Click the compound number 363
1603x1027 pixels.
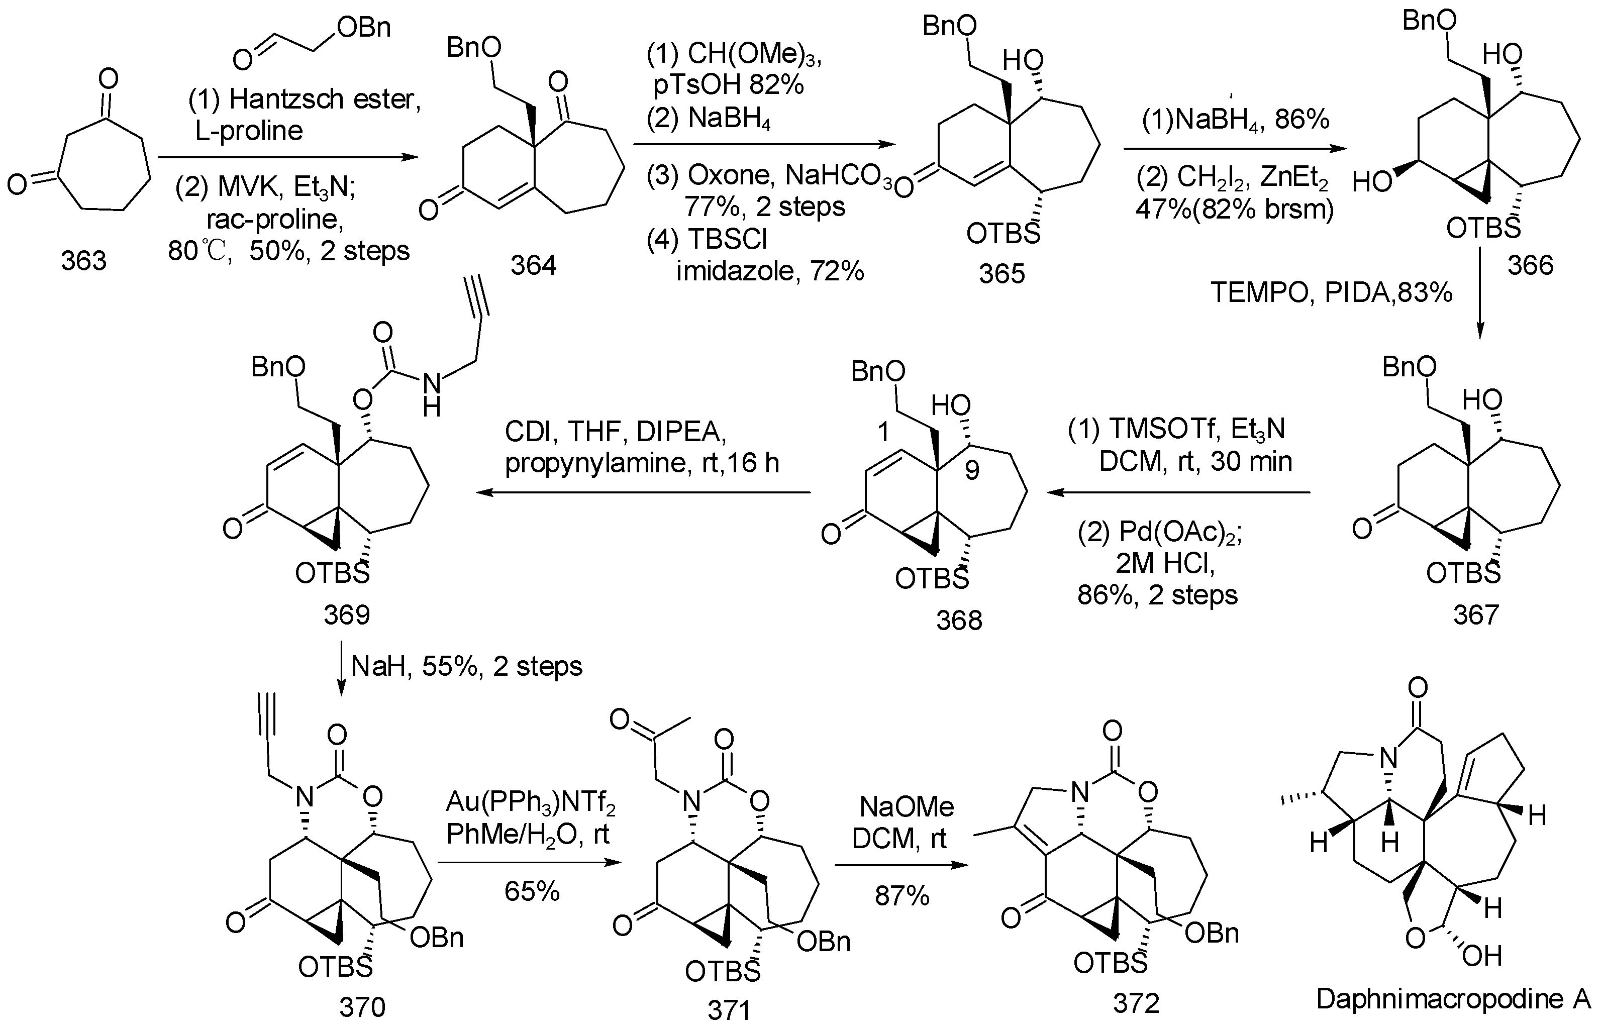tap(83, 261)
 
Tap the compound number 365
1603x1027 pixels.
tap(1001, 273)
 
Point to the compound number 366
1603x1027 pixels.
tap(1530, 265)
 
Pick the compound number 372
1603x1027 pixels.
tap(1136, 1002)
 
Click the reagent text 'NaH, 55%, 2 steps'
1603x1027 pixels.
tap(466, 666)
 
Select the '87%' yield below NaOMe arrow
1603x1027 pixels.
tap(901, 896)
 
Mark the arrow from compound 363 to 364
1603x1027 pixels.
tap(288, 157)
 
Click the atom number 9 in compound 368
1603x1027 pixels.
tap(972, 470)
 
